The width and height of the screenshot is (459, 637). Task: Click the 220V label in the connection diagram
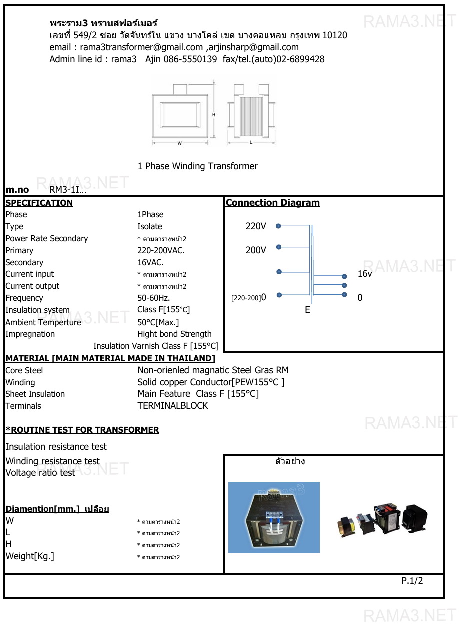(256, 226)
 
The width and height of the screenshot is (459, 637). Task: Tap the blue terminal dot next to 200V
(279, 247)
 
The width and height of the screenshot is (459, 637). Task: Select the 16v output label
(365, 274)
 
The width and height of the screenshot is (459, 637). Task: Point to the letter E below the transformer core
(307, 310)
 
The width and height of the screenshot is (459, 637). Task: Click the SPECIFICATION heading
(39, 203)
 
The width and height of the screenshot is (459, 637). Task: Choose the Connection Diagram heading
(272, 203)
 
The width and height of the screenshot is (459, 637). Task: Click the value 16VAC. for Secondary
(150, 262)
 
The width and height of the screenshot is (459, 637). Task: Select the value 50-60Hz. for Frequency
(153, 298)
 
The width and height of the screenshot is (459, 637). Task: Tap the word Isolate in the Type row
(150, 226)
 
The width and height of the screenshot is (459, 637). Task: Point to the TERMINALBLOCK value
(173, 406)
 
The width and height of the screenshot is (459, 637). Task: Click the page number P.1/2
(412, 581)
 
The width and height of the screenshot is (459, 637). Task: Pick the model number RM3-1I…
(68, 190)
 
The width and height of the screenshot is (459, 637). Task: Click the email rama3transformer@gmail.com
(142, 47)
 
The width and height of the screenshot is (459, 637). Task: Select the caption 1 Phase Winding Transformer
(198, 166)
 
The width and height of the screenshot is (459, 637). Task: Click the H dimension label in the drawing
(214, 115)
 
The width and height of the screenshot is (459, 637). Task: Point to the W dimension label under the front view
(179, 143)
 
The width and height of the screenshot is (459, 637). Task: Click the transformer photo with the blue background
(274, 517)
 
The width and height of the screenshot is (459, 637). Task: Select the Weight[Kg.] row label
(30, 556)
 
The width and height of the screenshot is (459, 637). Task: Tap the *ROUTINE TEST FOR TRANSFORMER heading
(82, 430)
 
